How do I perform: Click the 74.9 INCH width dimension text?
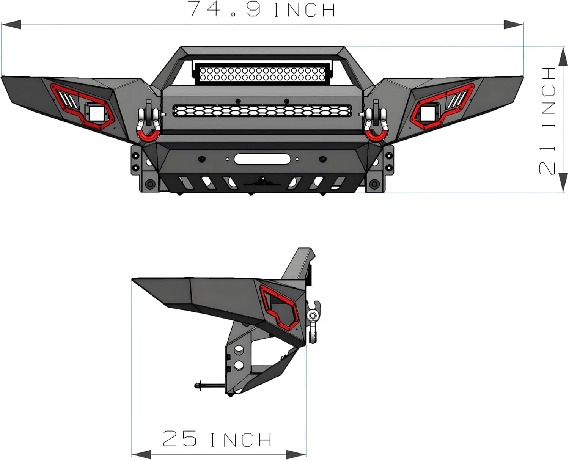point(262,9)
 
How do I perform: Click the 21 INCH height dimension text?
point(547,121)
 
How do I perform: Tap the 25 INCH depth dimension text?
point(217,439)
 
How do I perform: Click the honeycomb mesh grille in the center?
point(262,110)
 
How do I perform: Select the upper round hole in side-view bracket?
point(239,351)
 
